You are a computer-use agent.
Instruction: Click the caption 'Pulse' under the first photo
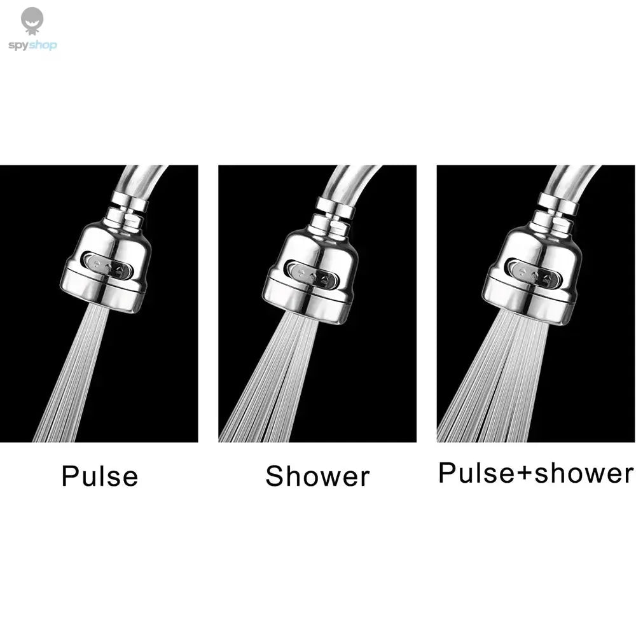point(100,476)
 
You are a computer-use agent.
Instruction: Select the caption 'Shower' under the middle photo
point(317,476)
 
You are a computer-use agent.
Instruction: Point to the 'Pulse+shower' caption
point(536,473)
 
